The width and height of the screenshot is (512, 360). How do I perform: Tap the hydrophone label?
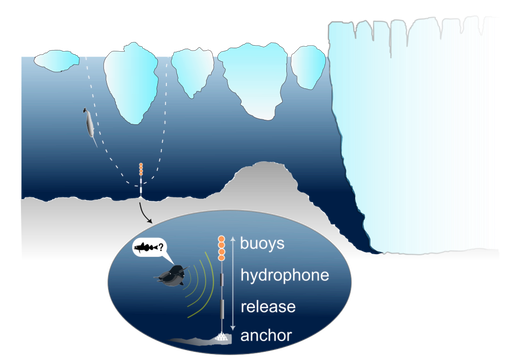(x=284, y=275)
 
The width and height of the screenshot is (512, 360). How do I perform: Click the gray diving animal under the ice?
(x=89, y=127)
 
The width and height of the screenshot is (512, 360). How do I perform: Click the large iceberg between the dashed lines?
(x=129, y=80)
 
